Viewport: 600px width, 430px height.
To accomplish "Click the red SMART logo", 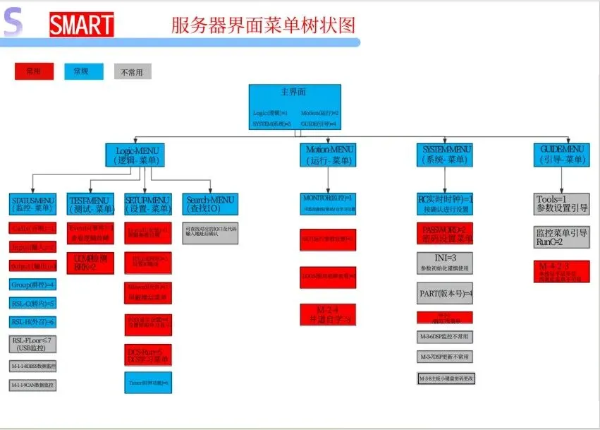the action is [x=82, y=25].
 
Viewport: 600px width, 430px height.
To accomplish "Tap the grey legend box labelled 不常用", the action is [x=133, y=71].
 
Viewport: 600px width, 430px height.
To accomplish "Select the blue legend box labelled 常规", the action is [x=84, y=71].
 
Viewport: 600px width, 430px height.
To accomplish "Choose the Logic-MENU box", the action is [x=137, y=155].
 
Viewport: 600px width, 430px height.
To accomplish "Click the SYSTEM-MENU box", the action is [x=446, y=155].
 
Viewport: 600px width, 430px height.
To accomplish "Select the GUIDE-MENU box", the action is [x=562, y=155].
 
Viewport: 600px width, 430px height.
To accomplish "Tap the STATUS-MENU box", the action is [x=33, y=203].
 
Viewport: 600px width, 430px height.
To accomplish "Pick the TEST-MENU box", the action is [x=91, y=203].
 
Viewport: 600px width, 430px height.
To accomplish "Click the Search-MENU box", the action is [x=208, y=203].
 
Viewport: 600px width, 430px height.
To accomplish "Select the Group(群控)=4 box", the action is [x=32, y=284].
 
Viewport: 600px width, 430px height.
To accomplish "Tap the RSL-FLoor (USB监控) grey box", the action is [x=32, y=345].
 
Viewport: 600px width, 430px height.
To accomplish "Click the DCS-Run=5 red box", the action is [x=148, y=354].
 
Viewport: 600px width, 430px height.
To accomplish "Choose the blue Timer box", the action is [x=148, y=382].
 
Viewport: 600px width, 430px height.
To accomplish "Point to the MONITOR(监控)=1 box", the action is [x=329, y=203].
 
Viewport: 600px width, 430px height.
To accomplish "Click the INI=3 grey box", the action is [x=444, y=262].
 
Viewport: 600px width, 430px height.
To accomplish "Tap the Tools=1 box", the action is [x=561, y=203].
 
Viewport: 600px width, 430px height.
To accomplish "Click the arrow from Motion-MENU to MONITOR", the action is [x=329, y=179].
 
